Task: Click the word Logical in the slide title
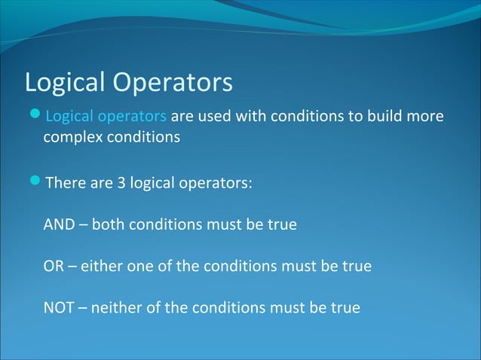(x=65, y=83)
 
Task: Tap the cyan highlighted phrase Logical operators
(x=106, y=117)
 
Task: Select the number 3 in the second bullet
(x=121, y=183)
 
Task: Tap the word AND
(x=58, y=224)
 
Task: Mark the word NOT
(x=59, y=307)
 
